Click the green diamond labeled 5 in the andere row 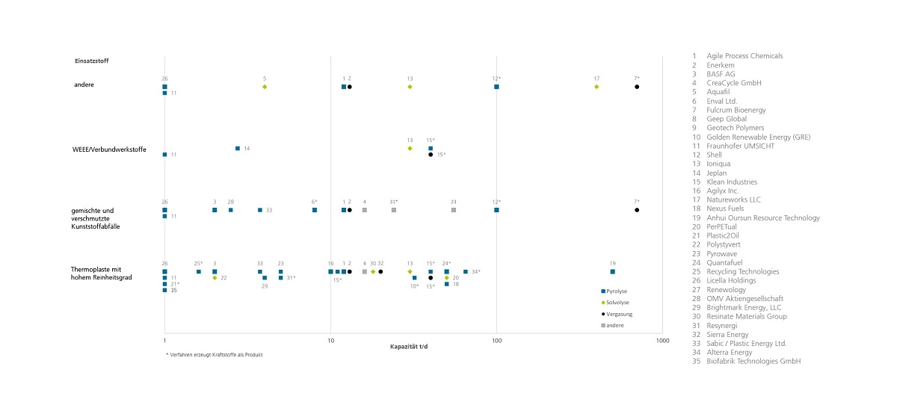pos(265,87)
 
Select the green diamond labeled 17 pos(597,87)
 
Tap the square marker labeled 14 pos(238,149)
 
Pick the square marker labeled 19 pos(612,272)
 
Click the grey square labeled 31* pos(393,210)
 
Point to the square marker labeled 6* pos(315,210)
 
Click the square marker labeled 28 pos(230,210)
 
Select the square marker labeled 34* pos(465,272)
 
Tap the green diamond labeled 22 pos(215,278)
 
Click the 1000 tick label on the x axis pos(662,340)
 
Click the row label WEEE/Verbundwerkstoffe pos(108,149)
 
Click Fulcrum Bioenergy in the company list pos(736,110)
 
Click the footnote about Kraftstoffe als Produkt pos(214,355)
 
